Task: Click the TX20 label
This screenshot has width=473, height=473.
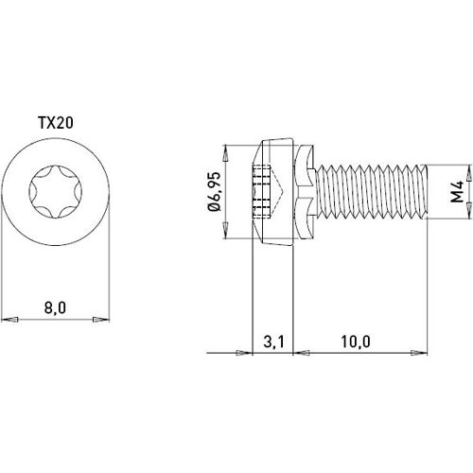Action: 57,123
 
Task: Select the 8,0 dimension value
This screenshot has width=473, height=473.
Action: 56,307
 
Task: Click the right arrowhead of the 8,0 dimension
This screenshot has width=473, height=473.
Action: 104,319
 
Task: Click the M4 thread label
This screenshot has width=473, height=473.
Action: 457,194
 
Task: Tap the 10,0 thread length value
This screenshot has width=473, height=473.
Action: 359,341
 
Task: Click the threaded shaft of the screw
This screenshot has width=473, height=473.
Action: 369,194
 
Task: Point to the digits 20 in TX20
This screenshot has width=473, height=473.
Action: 65,123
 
